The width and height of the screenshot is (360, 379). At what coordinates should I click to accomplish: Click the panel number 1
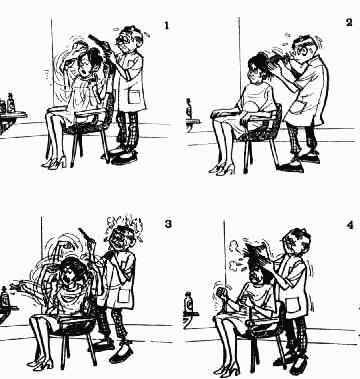167,26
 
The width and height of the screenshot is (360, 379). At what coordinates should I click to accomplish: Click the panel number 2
349,22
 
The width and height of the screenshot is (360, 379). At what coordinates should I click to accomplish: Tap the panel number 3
168,224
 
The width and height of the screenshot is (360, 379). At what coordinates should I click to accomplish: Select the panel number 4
349,225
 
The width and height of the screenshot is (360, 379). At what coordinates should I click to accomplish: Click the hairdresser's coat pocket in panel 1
134,98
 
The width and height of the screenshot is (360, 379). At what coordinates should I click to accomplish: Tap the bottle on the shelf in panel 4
189,301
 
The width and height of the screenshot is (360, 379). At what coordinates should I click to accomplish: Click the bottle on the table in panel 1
11,103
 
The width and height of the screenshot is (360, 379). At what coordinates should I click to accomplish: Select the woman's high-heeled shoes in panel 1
54,162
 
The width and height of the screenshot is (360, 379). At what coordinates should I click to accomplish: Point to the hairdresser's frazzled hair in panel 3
124,227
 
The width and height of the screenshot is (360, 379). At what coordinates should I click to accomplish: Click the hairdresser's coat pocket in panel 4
293,307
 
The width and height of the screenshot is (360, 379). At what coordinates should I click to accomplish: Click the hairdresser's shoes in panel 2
299,163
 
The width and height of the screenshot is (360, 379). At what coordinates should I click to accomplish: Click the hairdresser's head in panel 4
296,243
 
